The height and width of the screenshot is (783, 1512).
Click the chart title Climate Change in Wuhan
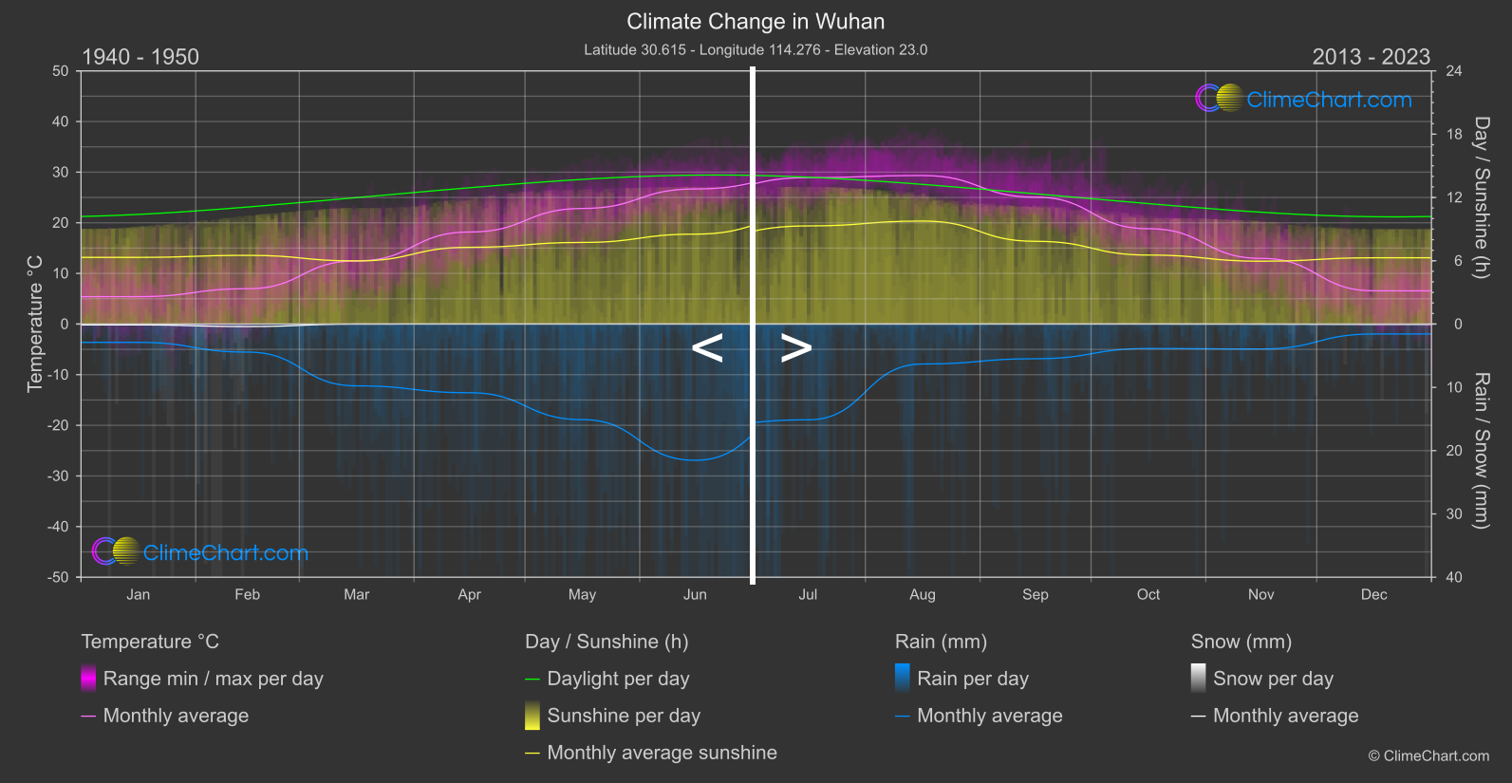pos(756,22)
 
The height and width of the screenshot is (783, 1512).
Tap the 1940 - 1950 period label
pos(140,57)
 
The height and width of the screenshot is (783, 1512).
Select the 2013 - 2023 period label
pos(1371,57)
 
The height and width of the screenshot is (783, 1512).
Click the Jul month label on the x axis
pos(808,595)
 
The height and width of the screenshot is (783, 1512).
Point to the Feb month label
pos(247,595)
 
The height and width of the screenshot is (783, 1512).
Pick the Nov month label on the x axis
pos(1260,595)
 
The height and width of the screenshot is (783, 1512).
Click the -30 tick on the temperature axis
pos(59,476)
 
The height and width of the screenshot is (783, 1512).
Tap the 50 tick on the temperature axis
pos(61,71)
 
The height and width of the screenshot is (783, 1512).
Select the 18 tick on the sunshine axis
pos(1454,135)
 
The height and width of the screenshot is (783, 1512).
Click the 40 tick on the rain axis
pos(1454,577)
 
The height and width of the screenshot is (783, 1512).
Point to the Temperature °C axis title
pos(35,324)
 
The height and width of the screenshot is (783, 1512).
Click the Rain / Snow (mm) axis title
pos(1481,451)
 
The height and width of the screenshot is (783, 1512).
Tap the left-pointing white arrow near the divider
pos(707,348)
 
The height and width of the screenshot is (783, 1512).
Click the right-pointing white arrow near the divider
pos(796,348)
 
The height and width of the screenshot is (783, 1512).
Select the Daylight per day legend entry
pos(618,679)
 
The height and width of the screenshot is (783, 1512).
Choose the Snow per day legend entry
pos(1273,679)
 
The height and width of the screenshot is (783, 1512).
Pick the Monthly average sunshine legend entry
pos(662,753)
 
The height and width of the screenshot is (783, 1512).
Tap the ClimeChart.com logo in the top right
pos(1304,99)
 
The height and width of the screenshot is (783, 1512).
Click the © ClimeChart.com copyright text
pos(1428,756)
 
